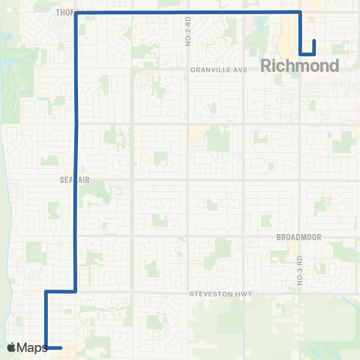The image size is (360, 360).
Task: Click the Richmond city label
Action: (x=300, y=66)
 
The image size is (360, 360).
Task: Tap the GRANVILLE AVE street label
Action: (x=219, y=70)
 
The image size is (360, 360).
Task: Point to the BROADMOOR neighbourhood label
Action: (x=298, y=236)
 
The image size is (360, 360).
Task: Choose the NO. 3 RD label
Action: (x=298, y=270)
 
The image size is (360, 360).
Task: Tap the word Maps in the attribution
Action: (x=32, y=347)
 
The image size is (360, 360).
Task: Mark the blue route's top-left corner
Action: (x=76, y=13)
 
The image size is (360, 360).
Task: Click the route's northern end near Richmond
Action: (x=313, y=40)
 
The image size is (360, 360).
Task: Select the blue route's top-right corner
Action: (x=300, y=13)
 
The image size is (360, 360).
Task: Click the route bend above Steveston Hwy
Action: (x=76, y=290)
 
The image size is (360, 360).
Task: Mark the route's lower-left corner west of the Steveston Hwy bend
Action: (x=46, y=291)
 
